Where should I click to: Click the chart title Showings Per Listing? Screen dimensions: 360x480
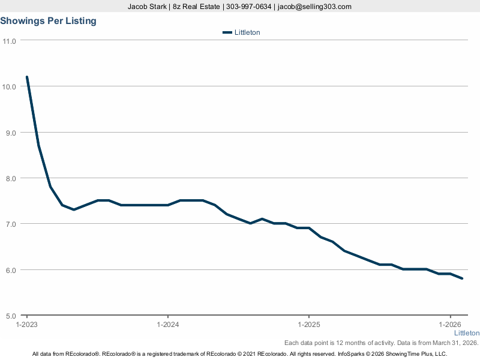click(x=48, y=21)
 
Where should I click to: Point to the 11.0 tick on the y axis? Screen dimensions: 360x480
click(x=9, y=41)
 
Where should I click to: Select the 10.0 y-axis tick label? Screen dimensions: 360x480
click(x=9, y=86)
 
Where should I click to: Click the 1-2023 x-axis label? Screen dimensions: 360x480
click(x=27, y=325)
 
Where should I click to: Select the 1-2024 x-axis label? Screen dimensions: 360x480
click(x=167, y=325)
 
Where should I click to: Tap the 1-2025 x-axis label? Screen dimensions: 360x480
click(x=308, y=325)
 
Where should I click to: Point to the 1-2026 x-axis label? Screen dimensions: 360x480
click(x=450, y=325)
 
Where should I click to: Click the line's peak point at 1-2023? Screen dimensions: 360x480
click(x=27, y=77)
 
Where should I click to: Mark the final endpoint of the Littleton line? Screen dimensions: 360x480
click(x=462, y=278)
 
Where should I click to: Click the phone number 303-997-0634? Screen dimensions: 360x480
click(x=249, y=7)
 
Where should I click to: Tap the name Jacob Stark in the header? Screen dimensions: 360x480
click(x=148, y=7)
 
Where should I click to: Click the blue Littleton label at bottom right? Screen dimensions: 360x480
click(x=466, y=333)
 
